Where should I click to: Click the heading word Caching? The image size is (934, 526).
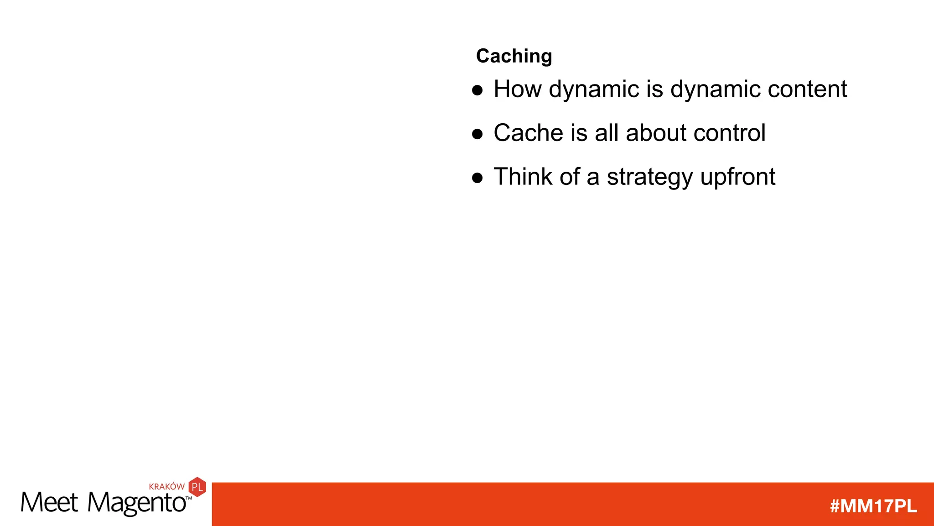coord(514,56)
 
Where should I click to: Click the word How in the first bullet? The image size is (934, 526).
coord(517,89)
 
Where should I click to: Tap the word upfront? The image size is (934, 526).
coord(737,178)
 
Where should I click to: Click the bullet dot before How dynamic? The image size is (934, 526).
coord(477,90)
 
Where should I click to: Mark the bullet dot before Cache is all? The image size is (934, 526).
coord(477,134)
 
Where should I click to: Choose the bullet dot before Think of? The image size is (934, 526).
coord(477,178)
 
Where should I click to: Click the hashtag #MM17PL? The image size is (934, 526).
coord(873,506)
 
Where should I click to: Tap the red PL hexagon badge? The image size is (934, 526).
coord(197,487)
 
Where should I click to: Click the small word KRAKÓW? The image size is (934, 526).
coord(166,487)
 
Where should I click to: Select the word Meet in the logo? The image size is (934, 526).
coord(49,503)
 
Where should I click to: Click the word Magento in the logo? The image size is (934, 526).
coord(136,503)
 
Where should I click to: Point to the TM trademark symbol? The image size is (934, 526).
coord(189,498)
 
